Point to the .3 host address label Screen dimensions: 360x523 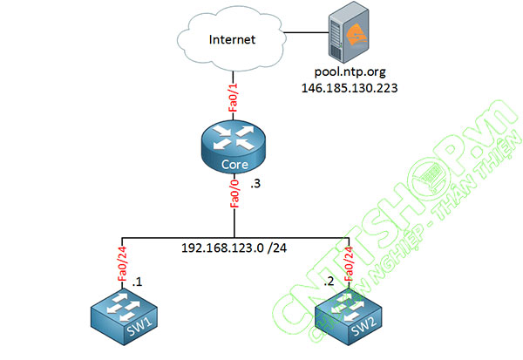tap(255, 186)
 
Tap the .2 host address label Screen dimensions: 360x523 tap(329, 282)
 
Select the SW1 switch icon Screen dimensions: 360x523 tap(123, 316)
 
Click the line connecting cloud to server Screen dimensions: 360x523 tap(304, 32)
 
